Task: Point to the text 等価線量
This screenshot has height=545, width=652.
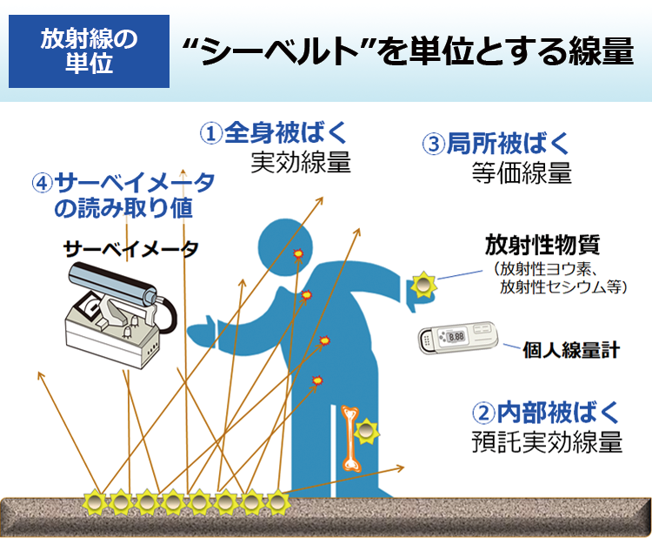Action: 522,172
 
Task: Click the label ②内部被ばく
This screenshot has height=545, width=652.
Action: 546,410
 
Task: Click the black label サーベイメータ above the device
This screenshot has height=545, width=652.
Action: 130,249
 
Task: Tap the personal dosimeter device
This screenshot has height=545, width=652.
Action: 457,340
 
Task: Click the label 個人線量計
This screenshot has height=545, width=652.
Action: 571,350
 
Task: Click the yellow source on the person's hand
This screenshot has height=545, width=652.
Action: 423,284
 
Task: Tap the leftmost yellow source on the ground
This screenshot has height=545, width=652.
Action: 94,502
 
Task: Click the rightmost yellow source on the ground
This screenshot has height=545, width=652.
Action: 277,502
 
